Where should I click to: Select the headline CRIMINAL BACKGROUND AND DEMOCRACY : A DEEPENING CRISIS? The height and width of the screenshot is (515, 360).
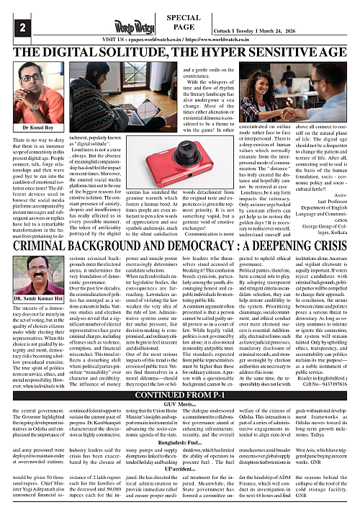[179, 223]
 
